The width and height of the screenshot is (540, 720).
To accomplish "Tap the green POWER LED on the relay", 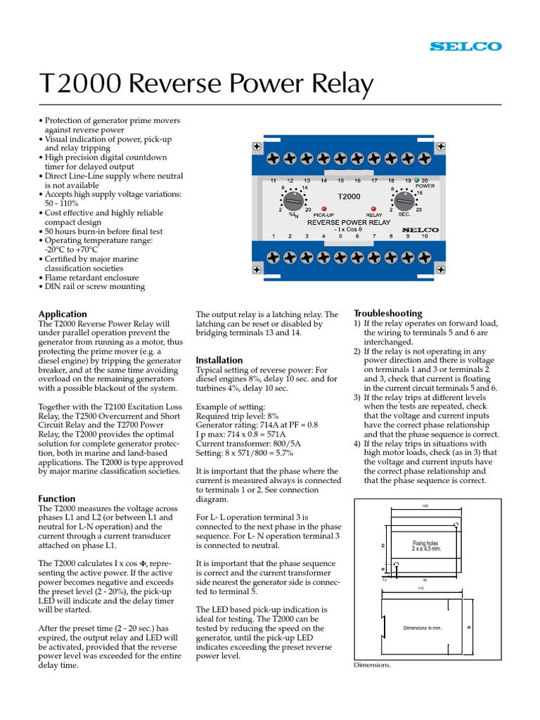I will tap(416, 181).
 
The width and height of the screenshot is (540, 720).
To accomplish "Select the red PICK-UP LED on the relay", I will tap(324, 209).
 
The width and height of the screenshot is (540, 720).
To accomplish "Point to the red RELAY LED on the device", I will tap(373, 209).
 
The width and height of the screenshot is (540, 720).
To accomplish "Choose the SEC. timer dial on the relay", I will tap(405, 201).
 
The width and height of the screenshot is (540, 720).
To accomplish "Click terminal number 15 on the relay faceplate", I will tap(340, 181).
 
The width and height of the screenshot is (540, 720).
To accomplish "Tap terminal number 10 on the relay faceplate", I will tap(425, 236).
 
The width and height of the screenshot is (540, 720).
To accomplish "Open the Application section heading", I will tap(63, 314).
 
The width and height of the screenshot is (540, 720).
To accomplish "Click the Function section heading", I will tap(58, 499).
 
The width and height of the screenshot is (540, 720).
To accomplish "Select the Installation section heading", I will tap(219, 360).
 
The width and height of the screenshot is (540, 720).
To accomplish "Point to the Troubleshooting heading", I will tap(388, 313).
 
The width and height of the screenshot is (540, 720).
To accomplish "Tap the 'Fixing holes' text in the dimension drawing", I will tap(426, 544).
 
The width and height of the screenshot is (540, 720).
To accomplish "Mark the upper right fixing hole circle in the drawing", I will tap(456, 525).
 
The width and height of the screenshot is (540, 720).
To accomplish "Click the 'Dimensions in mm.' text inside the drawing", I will tap(422, 627).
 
